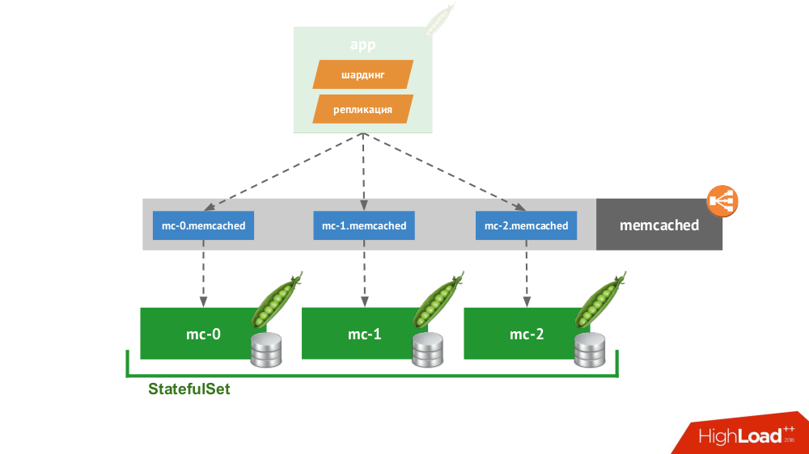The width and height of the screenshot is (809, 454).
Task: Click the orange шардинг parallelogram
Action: tap(362, 75)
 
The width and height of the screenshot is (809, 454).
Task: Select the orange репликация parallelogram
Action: tap(362, 109)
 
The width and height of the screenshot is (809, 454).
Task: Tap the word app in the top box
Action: tap(362, 44)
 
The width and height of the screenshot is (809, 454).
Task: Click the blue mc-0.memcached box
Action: tap(203, 225)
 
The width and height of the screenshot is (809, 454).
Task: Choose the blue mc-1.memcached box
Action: tap(364, 225)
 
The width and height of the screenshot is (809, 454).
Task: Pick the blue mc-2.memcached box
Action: tap(526, 225)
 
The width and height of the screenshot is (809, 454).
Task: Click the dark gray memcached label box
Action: tap(659, 225)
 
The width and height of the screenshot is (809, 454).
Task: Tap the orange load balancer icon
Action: tap(723, 202)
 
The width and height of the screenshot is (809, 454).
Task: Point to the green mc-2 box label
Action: tap(526, 333)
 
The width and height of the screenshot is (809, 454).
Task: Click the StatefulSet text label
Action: tap(188, 389)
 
